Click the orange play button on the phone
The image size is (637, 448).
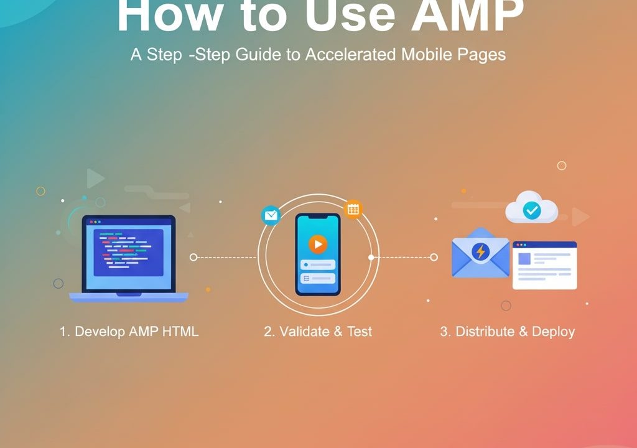pos(318,245)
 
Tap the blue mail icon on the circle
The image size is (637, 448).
pos(271,215)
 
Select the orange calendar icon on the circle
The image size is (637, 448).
pos(353,209)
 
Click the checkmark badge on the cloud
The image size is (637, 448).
pos(531,210)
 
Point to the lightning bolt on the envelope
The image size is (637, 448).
pos(481,251)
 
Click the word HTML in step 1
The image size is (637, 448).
pos(180,331)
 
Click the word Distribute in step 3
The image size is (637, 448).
pos(485,331)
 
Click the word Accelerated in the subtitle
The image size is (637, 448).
pos(351,55)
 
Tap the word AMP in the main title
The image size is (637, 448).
pos(467,16)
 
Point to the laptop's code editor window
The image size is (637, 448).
pos(128,253)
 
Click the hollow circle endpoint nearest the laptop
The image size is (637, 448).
pos(193,257)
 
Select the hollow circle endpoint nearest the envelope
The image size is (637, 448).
pos(434,257)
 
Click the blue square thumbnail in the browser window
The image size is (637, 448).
pos(524,259)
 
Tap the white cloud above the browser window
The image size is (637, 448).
pos(531,207)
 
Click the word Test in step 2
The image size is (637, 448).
pos(360,331)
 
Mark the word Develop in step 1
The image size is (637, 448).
pos(100,332)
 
